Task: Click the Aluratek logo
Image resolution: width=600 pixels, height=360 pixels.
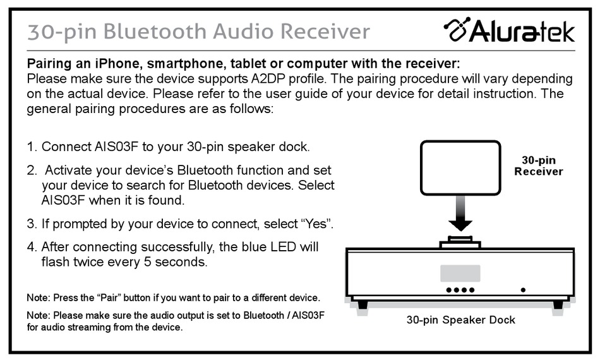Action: pyautogui.click(x=509, y=30)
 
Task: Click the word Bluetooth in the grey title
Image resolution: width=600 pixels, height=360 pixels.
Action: pyautogui.click(x=155, y=31)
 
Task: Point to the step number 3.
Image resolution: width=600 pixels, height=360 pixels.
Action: pyautogui.click(x=32, y=224)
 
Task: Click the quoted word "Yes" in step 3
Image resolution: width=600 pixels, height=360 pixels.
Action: pyautogui.click(x=315, y=223)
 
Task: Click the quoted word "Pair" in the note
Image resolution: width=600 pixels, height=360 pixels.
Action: pyautogui.click(x=109, y=297)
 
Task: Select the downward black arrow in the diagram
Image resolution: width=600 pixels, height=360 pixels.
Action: pyautogui.click(x=460, y=213)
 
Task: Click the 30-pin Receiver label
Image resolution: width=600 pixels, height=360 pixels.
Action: pyautogui.click(x=538, y=165)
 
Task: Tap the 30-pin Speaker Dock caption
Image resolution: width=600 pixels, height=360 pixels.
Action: pyautogui.click(x=460, y=320)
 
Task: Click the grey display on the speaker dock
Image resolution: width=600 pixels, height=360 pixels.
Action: pyautogui.click(x=460, y=273)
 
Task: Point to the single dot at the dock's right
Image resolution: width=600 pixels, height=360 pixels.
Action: pyautogui.click(x=523, y=290)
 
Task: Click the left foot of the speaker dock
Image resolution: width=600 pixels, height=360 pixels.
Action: pyautogui.click(x=362, y=304)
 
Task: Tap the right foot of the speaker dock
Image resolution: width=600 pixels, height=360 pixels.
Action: pyautogui.click(x=558, y=304)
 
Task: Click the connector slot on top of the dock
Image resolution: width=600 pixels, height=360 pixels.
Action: pyautogui.click(x=460, y=242)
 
